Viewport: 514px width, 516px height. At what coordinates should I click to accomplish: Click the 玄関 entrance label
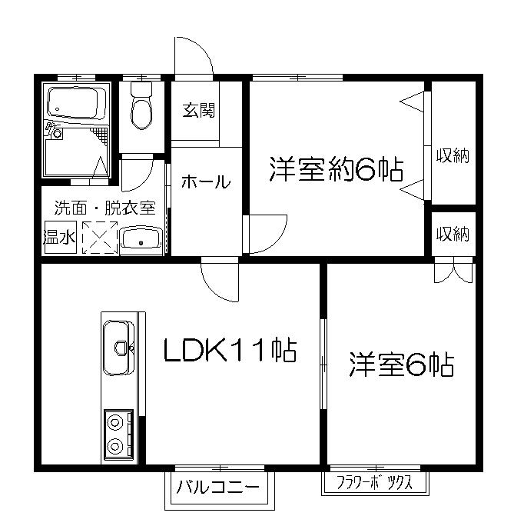coord(199,110)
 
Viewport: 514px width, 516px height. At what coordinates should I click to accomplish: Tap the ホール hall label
coord(206,181)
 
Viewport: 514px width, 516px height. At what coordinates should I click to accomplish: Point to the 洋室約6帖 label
coord(337,169)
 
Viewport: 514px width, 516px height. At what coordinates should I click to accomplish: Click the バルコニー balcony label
coord(217,487)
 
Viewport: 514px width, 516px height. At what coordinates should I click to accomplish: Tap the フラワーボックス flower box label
coord(375,483)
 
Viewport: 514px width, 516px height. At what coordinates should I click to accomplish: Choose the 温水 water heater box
coord(60,237)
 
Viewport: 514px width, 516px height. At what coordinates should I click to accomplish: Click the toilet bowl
coord(141,106)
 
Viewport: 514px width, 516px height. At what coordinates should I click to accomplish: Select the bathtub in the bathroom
coord(77,102)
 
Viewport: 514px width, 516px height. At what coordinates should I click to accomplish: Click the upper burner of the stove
coord(115,421)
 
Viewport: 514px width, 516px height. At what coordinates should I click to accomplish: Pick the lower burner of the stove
coord(115,446)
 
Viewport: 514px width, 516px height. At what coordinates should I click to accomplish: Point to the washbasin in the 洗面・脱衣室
coord(141,240)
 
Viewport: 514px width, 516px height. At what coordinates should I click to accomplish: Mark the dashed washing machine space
coord(100,238)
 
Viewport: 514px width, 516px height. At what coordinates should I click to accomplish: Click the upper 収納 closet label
coord(453,155)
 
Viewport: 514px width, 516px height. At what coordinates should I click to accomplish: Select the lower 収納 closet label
coord(453,235)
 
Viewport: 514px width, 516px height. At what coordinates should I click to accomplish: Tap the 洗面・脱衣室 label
coord(104,208)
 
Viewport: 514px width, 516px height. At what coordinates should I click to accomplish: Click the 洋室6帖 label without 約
coord(402,365)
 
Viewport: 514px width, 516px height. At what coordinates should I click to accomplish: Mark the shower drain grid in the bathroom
coord(100,135)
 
